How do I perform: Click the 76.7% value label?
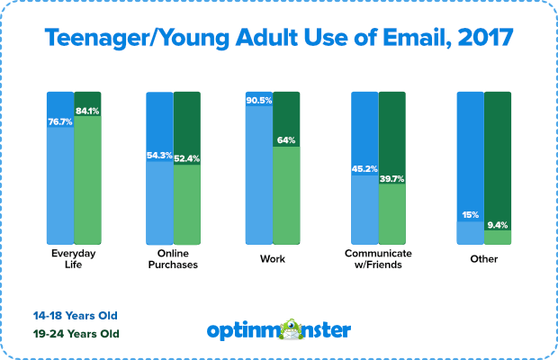coord(60,122)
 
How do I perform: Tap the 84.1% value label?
coord(87,112)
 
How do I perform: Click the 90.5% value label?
coord(259,101)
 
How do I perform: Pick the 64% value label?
coord(286,140)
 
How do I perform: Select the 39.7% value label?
coord(391,179)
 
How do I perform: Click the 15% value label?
coord(470,215)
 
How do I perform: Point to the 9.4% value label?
coord(497,226)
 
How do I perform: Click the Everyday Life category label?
coord(74,260)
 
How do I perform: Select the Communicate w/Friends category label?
coord(378,260)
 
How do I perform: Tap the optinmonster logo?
coord(279,329)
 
